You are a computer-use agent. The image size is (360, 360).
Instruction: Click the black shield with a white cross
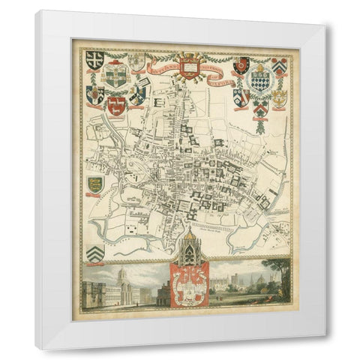94,60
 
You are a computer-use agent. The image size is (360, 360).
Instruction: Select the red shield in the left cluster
115,106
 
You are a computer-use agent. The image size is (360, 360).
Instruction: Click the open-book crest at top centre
189,65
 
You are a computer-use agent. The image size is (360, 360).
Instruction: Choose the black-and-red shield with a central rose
240,66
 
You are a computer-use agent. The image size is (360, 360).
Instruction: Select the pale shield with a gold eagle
278,97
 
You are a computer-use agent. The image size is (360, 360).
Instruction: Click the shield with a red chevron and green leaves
260,109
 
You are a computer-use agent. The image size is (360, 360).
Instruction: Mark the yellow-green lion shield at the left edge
94,184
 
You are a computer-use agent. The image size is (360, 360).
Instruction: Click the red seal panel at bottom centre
189,286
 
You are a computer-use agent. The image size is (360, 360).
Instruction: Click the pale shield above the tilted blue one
136,61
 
